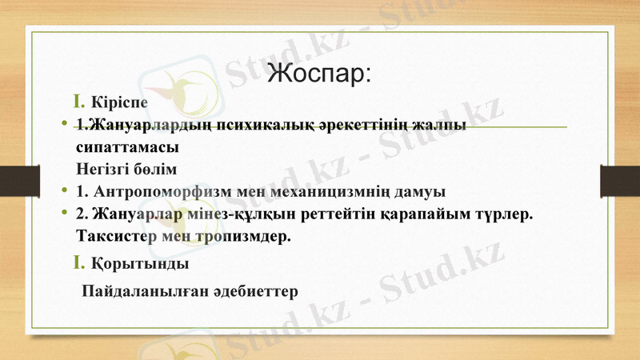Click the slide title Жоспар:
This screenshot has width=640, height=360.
click(320, 73)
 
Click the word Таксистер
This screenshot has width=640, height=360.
click(116, 238)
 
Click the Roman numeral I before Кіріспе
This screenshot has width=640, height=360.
click(79, 102)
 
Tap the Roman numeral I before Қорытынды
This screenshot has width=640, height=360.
click(79, 262)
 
